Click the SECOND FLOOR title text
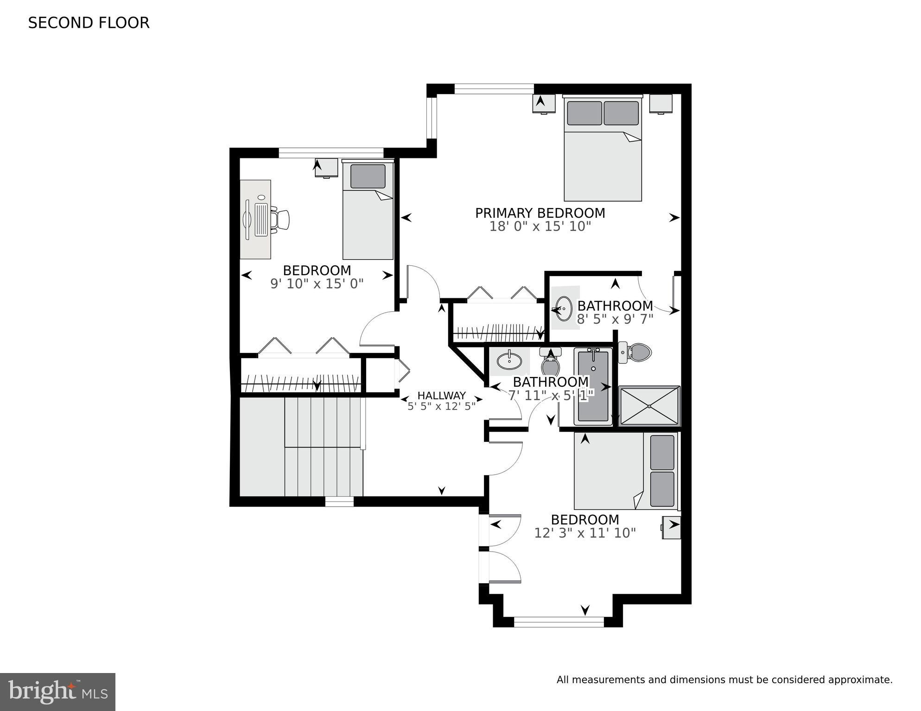click(89, 23)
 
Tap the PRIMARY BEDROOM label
click(540, 213)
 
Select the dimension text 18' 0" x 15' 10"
click(540, 227)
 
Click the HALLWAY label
click(441, 396)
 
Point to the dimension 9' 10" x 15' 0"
click(317, 283)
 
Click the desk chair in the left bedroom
click(280, 220)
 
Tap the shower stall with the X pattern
click(649, 406)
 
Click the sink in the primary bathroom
click(564, 308)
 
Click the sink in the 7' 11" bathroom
click(509, 361)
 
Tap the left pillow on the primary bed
click(584, 113)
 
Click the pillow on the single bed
click(368, 176)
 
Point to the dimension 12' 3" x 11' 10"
click(584, 533)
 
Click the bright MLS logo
click(57, 692)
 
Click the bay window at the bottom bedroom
click(559, 622)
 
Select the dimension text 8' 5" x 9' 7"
click(615, 319)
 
